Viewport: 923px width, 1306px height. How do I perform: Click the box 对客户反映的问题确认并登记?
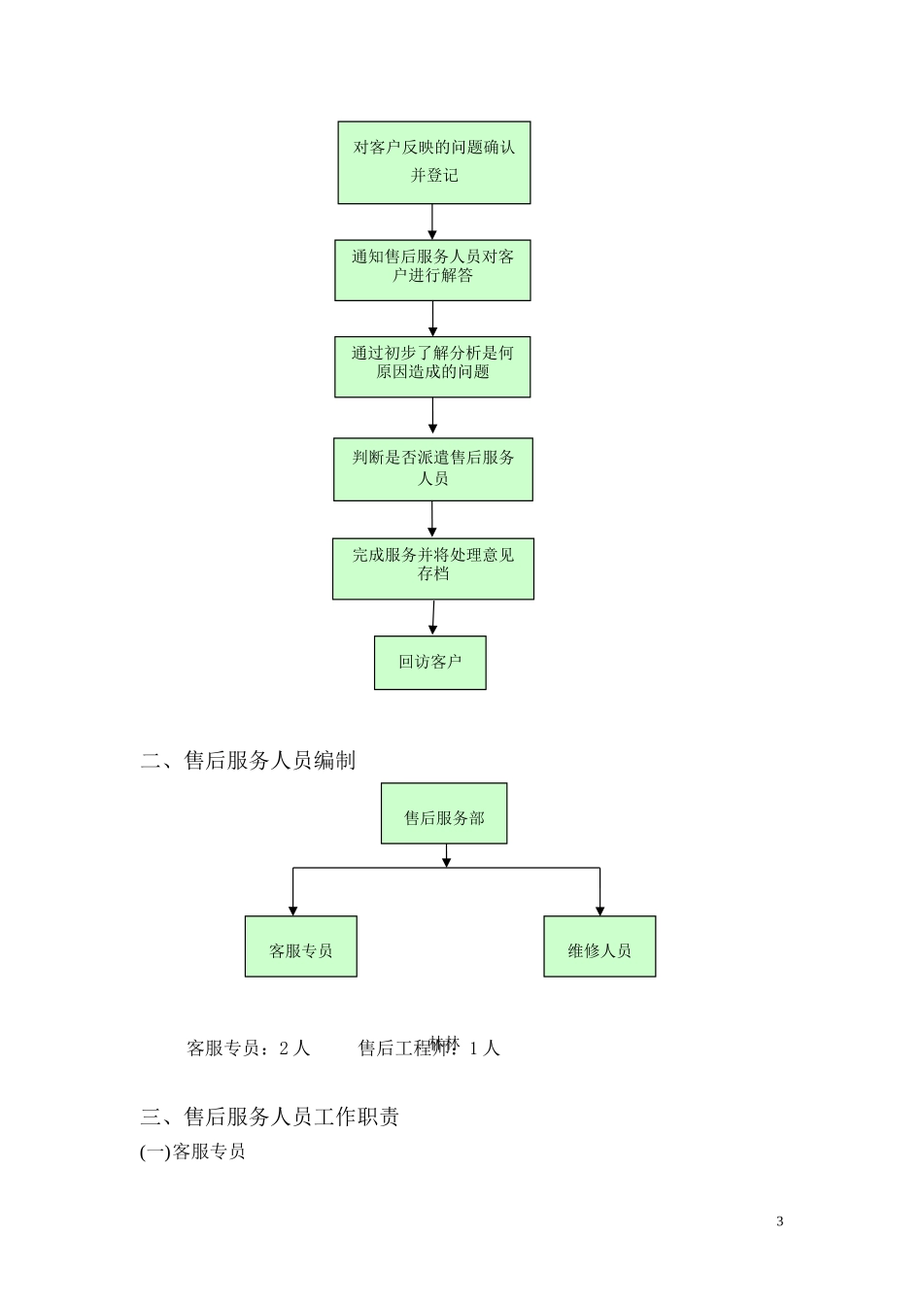coord(433,162)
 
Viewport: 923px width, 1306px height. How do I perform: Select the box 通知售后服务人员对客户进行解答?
coord(432,270)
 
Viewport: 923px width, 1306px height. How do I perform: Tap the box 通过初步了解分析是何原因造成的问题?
coord(432,366)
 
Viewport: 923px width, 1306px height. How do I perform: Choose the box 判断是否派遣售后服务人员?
coord(432,469)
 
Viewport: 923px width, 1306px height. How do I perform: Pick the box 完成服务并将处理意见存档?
coord(432,568)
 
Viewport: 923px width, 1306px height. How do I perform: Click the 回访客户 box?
coord(429,663)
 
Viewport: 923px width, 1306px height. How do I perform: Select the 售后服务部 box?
coord(444,813)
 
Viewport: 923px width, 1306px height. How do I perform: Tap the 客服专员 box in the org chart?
coord(300,946)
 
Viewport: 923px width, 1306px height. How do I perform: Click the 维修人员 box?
coord(599,946)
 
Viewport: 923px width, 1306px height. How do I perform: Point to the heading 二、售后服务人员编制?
coord(248,760)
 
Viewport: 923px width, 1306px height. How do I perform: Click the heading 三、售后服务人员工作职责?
coord(269,1117)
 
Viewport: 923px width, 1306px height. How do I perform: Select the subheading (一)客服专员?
coord(192,1151)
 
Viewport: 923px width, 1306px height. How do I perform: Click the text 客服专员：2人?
coord(248,1048)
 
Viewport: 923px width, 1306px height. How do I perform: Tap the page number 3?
coord(780,1221)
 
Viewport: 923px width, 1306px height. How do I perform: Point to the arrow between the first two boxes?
coord(432,222)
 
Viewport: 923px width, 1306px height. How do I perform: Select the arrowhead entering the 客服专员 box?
coord(292,910)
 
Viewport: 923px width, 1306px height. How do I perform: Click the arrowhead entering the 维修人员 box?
coord(599,910)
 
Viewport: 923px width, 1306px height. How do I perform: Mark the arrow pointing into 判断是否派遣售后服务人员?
coord(432,418)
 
